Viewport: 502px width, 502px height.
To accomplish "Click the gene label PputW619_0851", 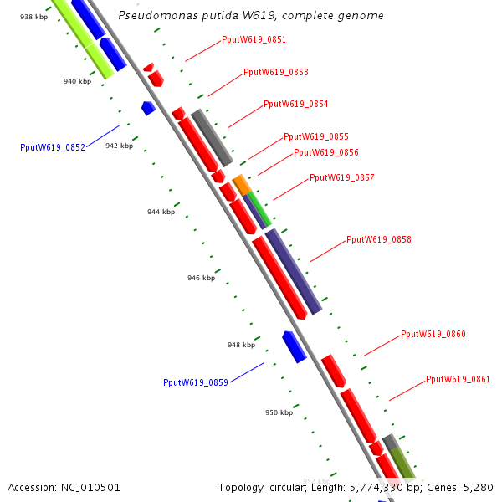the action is (254, 39).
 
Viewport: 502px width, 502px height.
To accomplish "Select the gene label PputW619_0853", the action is (275, 72).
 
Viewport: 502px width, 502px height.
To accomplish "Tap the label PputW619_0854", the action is (295, 105).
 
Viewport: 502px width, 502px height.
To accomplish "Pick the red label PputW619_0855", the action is (315, 136).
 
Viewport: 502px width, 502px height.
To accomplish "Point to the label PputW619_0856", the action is (325, 152).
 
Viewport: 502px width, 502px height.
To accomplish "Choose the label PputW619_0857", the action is (341, 177).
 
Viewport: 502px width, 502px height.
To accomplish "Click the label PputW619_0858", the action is (378, 239).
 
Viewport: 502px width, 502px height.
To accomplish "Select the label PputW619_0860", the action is (433, 334).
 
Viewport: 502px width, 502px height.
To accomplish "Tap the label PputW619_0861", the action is (458, 379).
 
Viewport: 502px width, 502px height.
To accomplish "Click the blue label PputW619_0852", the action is (52, 147).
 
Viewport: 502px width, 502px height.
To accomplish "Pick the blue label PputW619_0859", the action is (195, 382).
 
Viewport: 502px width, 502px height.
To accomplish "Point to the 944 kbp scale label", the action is (161, 212).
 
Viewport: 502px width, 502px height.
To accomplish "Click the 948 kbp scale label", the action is (241, 345).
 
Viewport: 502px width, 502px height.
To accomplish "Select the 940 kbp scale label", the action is (77, 81).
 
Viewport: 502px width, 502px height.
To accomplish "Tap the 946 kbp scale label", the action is (201, 278).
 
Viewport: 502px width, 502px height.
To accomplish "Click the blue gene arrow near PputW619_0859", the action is (295, 346).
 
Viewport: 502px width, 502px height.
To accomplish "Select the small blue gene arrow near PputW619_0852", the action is (149, 108).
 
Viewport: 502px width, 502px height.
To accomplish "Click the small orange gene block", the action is (241, 184).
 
